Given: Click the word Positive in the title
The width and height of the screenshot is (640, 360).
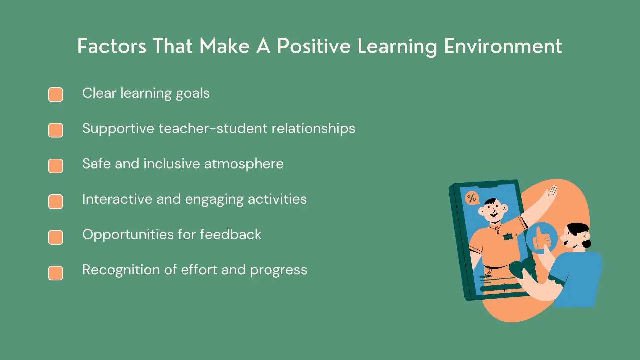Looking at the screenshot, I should pyautogui.click(x=313, y=46).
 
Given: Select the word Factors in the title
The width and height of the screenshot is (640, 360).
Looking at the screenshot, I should pyautogui.click(x=112, y=46).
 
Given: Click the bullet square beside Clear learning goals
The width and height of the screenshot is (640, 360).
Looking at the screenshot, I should pyautogui.click(x=55, y=95).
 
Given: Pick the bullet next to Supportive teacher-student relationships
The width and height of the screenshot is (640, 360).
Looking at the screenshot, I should pyautogui.click(x=55, y=130).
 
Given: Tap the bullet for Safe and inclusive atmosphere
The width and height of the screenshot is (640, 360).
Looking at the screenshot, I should pyautogui.click(x=55, y=166).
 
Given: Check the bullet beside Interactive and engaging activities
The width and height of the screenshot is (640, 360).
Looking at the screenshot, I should pyautogui.click(x=55, y=201).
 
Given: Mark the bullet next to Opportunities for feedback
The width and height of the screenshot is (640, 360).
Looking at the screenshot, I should pyautogui.click(x=55, y=237).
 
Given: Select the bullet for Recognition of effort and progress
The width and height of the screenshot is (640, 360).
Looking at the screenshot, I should pyautogui.click(x=55, y=273).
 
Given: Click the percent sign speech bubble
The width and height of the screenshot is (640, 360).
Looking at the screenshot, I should pyautogui.click(x=471, y=198).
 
